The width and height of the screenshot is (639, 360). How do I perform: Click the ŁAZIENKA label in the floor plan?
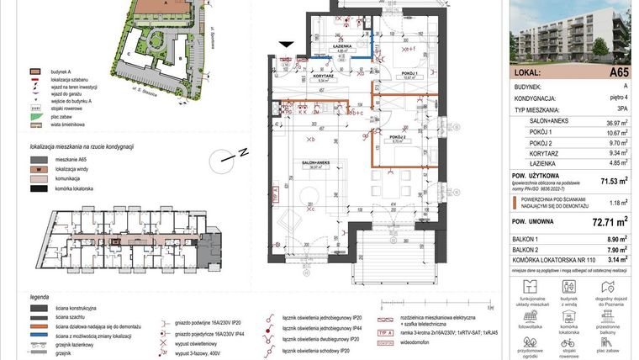pos(342,47)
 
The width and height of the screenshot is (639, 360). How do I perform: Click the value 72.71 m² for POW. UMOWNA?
pos(612,223)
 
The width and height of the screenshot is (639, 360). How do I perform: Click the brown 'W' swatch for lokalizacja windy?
pos(36,168)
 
